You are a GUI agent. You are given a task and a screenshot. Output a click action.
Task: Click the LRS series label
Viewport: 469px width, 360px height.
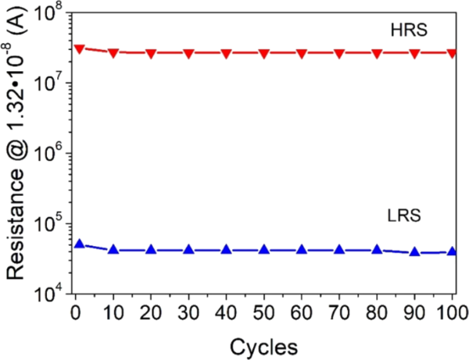tap(404, 216)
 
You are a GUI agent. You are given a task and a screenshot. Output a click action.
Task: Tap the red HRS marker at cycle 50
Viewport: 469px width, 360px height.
tap(264, 53)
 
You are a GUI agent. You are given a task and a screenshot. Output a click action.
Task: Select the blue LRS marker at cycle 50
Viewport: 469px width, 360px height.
tap(264, 250)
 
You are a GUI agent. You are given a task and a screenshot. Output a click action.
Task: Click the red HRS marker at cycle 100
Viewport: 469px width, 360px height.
tap(452, 53)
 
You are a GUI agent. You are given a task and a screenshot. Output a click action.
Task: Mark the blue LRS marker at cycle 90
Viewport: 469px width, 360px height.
tap(414, 251)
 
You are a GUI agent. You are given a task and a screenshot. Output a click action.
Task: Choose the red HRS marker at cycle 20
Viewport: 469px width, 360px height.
tap(151, 53)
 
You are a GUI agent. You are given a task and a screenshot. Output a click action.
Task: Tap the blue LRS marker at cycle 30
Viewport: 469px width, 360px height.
tap(188, 250)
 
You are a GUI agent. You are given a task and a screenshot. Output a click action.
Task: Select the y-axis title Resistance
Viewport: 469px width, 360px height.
tap(17, 152)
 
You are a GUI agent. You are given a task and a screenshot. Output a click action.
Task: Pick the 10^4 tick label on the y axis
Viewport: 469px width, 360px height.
tap(50, 293)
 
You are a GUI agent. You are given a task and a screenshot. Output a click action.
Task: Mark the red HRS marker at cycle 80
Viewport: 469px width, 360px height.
tap(377, 53)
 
